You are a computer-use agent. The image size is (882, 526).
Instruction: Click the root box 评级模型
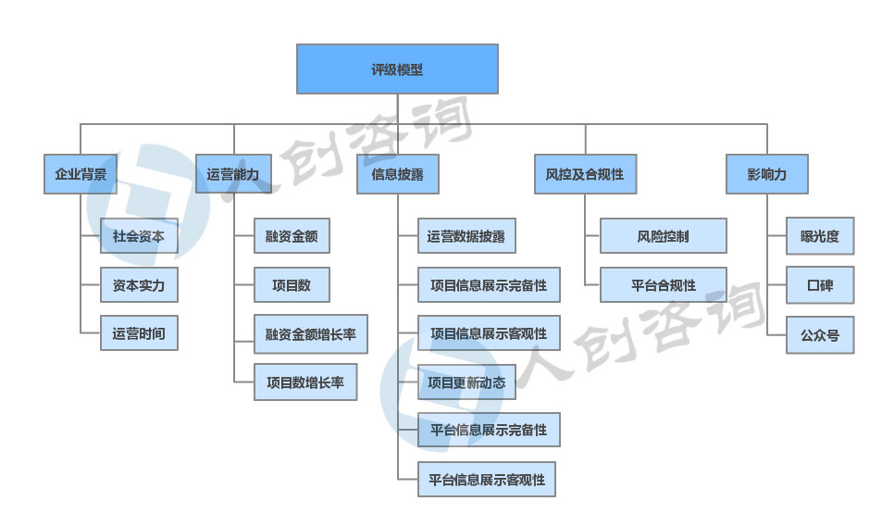[x=397, y=69]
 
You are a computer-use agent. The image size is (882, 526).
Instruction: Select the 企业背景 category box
[x=81, y=174]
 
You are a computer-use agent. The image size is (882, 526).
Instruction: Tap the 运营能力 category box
[x=233, y=174]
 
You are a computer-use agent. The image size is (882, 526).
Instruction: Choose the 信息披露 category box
[x=397, y=174]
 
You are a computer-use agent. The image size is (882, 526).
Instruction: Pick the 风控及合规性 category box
[x=585, y=174]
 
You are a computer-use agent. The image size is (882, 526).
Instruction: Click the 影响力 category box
[x=766, y=174]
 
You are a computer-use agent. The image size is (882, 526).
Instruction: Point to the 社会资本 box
[x=139, y=236]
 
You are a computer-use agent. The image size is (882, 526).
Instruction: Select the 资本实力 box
[x=139, y=285]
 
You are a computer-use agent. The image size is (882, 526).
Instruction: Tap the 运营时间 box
[x=139, y=333]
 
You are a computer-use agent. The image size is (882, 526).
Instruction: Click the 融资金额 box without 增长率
[x=292, y=236]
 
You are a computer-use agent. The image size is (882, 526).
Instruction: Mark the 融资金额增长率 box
[x=311, y=333]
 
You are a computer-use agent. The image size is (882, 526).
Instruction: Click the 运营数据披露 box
[x=466, y=236]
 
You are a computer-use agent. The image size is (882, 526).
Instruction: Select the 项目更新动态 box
[x=466, y=382]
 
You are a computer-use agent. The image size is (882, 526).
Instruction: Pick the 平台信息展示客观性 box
[x=487, y=480]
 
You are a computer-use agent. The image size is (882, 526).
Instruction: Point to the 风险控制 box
[x=663, y=236]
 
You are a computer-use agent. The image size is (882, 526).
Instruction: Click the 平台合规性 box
[x=663, y=285]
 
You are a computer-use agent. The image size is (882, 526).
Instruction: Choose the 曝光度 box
[x=820, y=236]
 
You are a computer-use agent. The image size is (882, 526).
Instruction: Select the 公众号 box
[x=820, y=334]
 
